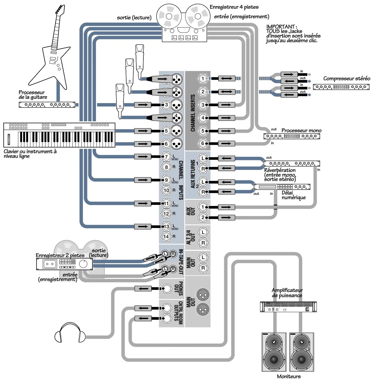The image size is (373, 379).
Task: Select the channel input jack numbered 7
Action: (x=166, y=157)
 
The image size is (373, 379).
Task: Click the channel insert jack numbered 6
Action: (x=203, y=143)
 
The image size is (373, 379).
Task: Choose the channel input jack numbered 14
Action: (x=166, y=236)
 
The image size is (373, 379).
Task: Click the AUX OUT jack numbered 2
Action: (x=203, y=217)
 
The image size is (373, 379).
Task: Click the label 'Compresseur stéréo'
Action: (x=347, y=79)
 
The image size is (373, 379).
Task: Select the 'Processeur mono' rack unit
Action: (x=292, y=137)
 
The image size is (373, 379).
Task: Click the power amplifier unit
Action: (x=288, y=307)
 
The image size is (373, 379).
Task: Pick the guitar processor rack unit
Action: (x=47, y=104)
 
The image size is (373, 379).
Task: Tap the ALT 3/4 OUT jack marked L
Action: (x=203, y=232)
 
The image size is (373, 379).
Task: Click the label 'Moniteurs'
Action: (x=289, y=377)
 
